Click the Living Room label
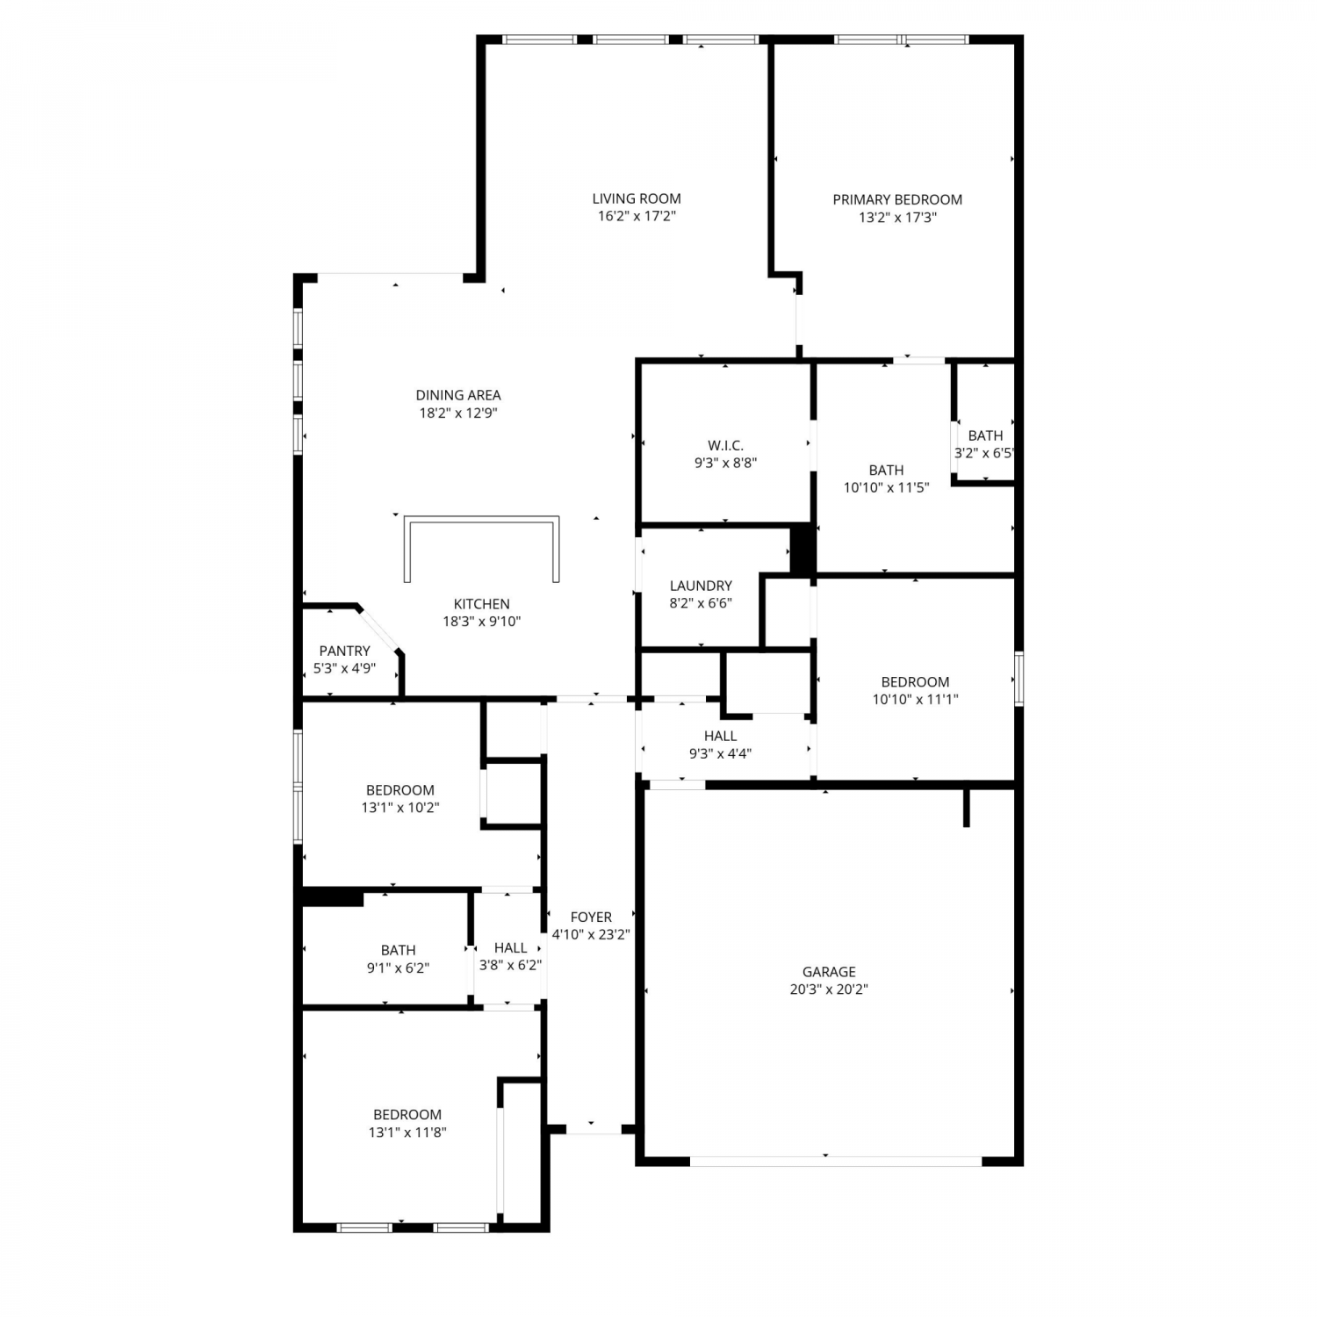point(637,199)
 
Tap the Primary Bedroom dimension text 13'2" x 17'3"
point(897,218)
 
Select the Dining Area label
point(458,395)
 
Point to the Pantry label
point(344,651)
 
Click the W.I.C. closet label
point(725,446)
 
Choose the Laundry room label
point(701,586)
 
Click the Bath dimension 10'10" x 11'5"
point(886,488)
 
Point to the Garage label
point(829,972)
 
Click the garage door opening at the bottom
point(836,1161)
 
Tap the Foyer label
point(591,918)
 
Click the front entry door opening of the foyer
point(592,1129)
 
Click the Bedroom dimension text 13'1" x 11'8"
point(407,1133)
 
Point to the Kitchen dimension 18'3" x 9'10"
point(482,622)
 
